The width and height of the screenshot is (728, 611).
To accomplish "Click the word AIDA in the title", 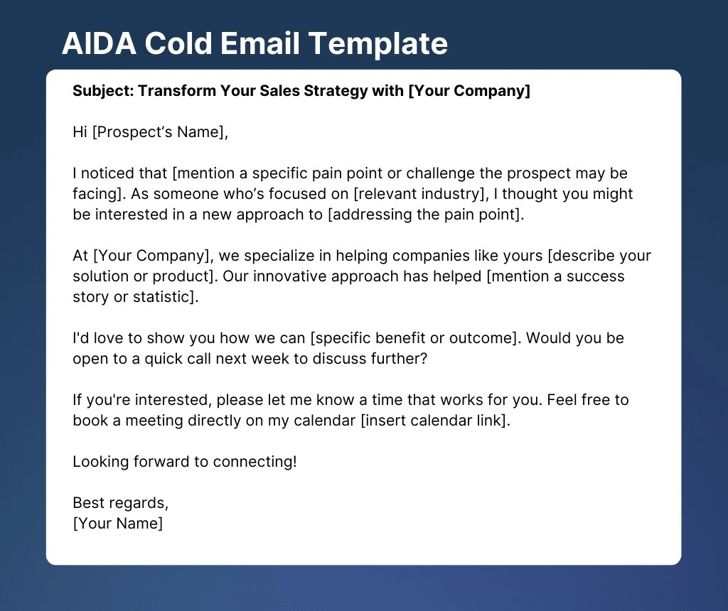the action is tap(100, 43).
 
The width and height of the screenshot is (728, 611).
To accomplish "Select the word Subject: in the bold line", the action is tap(103, 91).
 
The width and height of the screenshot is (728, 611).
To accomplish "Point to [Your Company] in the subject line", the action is tap(469, 91).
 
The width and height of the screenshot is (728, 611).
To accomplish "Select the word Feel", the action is tap(562, 400).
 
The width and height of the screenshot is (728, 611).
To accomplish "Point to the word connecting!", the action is tap(255, 462).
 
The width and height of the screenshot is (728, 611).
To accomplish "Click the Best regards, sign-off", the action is tap(121, 504).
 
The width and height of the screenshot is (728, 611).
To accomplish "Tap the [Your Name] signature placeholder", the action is tap(118, 524).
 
